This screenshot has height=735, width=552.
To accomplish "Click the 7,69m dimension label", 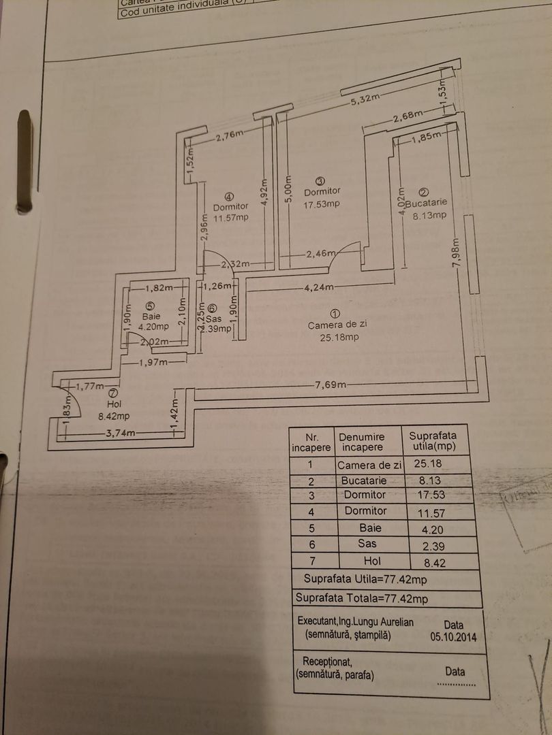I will pyautogui.click(x=331, y=386).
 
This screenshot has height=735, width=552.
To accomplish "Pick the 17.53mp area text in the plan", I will pyautogui.click(x=322, y=203).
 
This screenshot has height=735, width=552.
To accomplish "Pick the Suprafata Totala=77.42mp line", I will pyautogui.click(x=361, y=598).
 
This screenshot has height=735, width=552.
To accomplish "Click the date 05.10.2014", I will pyautogui.click(x=453, y=638).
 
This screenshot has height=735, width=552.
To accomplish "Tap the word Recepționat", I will pyautogui.click(x=327, y=661).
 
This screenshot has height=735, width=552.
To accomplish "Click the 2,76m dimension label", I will pyautogui.click(x=229, y=135).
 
